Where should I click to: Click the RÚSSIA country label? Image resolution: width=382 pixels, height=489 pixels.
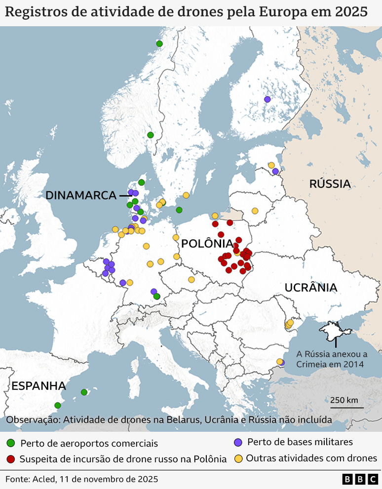coord(330,184)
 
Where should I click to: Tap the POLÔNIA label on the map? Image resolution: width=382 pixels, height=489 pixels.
coord(207,244)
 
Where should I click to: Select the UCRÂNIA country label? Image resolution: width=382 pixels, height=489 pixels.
coord(310,287)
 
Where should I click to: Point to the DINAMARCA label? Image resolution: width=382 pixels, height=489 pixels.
coord(81,195)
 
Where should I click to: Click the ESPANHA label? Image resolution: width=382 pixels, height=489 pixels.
coord(38,385)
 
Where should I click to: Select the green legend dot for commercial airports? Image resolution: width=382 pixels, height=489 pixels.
coord(11,443)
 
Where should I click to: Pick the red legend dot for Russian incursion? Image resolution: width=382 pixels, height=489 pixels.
coord(11,458)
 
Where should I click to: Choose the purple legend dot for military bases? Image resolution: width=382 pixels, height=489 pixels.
coord(238,442)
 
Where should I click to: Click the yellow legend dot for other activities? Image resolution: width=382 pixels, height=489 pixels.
coord(238,458)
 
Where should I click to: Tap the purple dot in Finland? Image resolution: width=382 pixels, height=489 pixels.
coord(267,99)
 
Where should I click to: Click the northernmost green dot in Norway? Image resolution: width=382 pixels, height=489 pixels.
coord(159,43)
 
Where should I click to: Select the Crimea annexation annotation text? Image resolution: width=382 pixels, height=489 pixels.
coord(331,359)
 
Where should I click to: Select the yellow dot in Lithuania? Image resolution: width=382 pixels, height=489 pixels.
coord(255,211)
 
